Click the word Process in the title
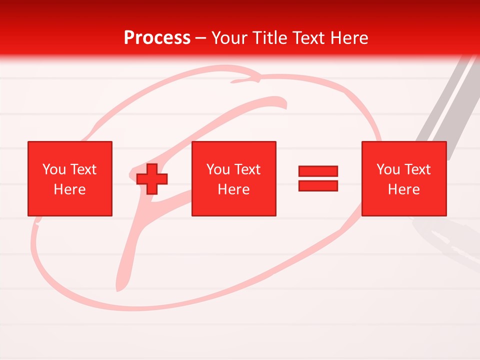click(157, 38)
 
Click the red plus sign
click(152, 179)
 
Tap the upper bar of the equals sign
click(318, 171)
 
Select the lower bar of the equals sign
click(318, 185)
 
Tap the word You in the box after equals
click(388, 169)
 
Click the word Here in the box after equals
click(403, 189)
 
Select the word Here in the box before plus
click(69, 189)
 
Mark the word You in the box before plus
click(54, 169)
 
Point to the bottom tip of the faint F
click(119, 288)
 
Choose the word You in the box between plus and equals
click(218, 169)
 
